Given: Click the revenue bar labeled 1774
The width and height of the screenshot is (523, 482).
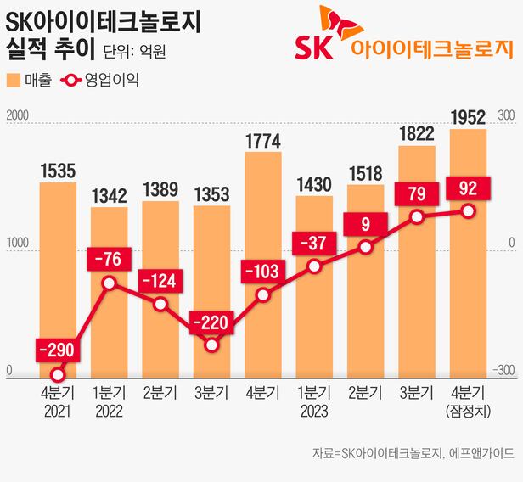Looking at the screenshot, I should [x=262, y=263].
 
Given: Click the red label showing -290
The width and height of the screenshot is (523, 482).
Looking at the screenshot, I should [x=58, y=349].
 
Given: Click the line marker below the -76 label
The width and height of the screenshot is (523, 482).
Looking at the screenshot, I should [x=110, y=283].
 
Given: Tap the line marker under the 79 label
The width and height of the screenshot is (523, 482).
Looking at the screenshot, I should [x=417, y=217].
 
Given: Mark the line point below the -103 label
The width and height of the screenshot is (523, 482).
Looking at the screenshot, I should [x=262, y=295].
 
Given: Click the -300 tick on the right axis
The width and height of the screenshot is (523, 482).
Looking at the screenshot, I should [x=506, y=371].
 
